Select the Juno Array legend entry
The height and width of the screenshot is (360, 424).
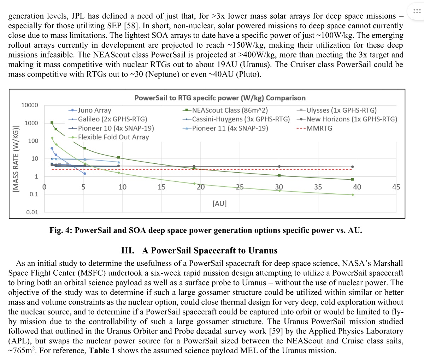[94, 110]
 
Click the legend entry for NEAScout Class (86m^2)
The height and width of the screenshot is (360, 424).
[230, 110]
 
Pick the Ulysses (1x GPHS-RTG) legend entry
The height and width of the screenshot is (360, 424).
[341, 110]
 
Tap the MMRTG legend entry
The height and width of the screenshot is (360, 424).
[319, 128]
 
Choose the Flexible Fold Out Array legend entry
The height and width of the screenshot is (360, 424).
[113, 137]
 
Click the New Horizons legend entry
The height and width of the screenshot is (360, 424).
[351, 119]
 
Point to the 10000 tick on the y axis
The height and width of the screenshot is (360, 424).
[29, 105]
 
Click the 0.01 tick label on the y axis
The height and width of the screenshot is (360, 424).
[32, 212]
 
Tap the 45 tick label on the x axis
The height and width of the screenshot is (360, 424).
[396, 187]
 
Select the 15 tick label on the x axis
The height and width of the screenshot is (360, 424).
[161, 187]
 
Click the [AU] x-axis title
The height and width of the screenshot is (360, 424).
[219, 203]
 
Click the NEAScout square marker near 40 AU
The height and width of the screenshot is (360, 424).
[352, 179]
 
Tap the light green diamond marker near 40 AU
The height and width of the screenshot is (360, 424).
[353, 194]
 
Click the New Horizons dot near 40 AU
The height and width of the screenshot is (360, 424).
[352, 167]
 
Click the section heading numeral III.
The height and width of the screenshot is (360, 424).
[127, 251]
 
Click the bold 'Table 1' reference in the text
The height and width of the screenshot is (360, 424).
[102, 350]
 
